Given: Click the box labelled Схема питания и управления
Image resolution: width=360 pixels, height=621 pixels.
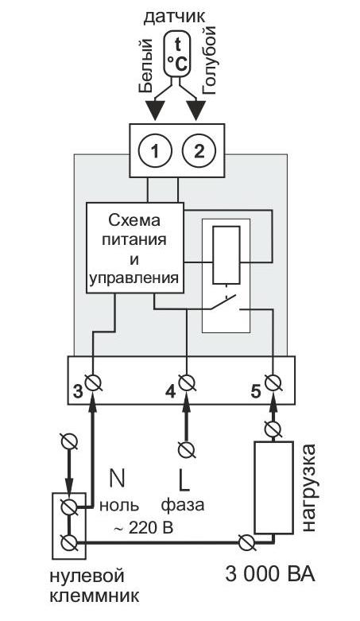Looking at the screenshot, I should pyautogui.click(x=134, y=247).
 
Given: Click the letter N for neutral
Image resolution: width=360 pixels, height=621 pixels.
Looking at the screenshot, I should pyautogui.click(x=116, y=479).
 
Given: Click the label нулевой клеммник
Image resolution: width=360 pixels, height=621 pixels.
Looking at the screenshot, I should pyautogui.click(x=86, y=584).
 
